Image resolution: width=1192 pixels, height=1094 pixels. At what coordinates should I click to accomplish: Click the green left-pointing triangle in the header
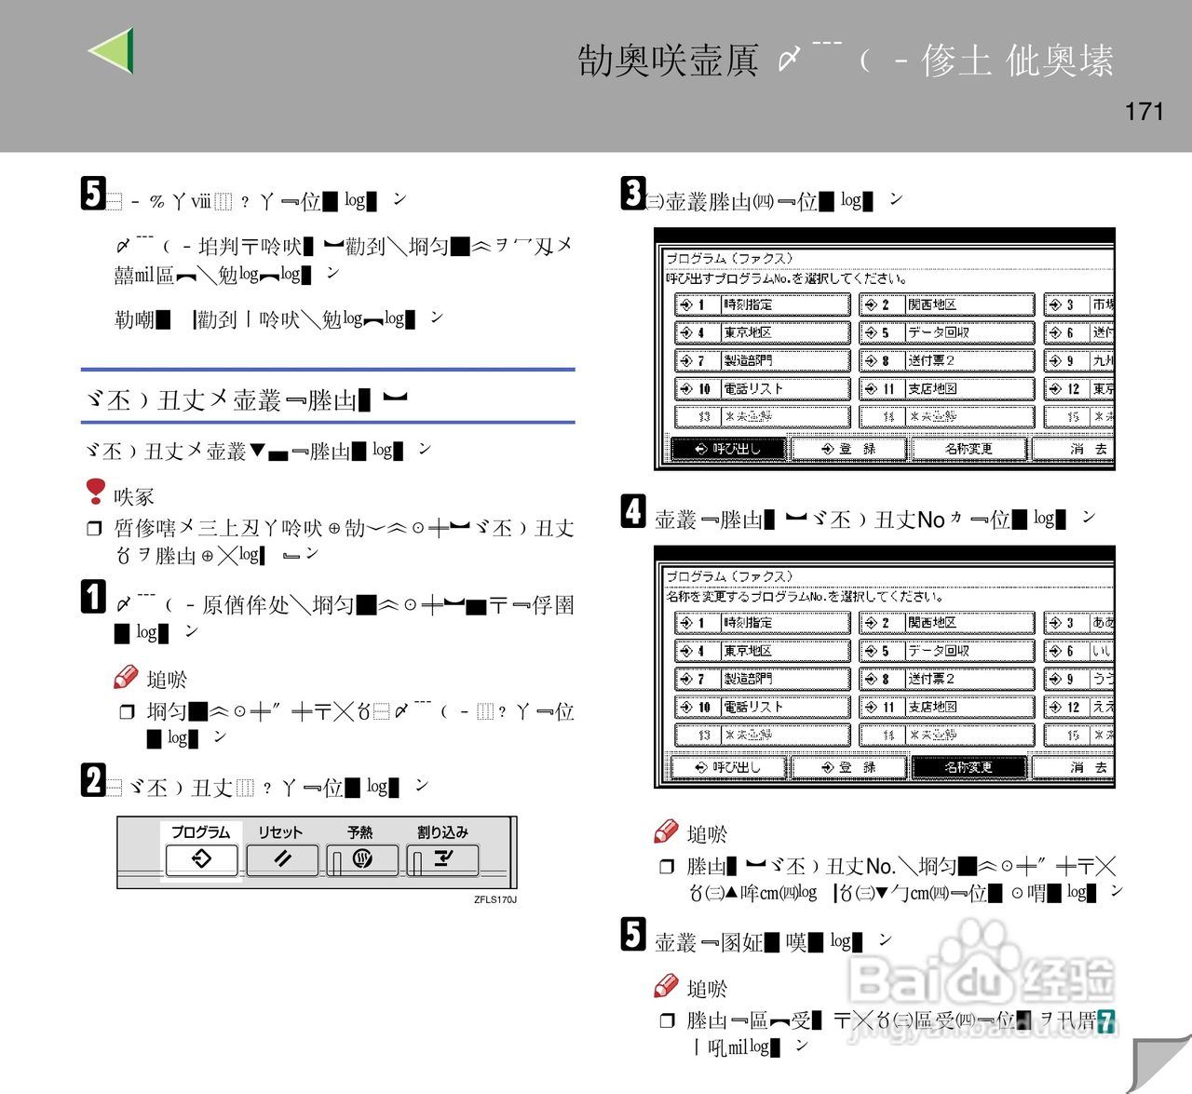[x=113, y=50]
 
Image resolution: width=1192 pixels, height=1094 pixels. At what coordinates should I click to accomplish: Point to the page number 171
[x=1144, y=112]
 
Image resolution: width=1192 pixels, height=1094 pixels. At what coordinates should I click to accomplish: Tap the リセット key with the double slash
[x=282, y=859]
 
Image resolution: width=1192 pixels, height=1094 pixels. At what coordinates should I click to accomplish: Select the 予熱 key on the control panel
[x=362, y=859]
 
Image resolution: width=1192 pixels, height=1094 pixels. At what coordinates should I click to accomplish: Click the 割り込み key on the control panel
[x=442, y=859]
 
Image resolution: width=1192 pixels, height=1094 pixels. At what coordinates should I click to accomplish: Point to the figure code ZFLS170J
[x=494, y=899]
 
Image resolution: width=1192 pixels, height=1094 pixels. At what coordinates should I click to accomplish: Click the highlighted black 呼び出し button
[x=728, y=449]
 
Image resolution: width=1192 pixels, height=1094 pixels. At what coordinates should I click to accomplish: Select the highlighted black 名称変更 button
[x=968, y=767]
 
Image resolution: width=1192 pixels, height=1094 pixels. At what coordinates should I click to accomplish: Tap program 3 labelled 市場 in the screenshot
[x=1078, y=304]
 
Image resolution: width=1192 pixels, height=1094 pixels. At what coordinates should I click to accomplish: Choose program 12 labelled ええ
[x=1078, y=707]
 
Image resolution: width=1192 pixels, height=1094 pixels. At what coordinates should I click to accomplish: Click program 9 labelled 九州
[x=1078, y=360]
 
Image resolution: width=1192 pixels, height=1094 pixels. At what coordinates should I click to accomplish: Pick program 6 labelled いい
[x=1078, y=651]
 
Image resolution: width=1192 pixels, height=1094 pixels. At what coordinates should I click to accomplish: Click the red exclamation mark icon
[x=95, y=491]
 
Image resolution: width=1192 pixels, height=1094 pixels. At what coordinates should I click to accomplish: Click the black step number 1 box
[x=93, y=596]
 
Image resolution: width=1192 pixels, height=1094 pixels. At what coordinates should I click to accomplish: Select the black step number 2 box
[x=93, y=780]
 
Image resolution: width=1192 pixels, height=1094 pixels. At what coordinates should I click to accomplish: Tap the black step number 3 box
[x=633, y=194]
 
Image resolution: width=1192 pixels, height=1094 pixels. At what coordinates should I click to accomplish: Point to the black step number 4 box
[x=633, y=511]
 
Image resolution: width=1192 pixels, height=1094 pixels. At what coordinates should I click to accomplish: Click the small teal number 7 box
[x=1105, y=1021]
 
